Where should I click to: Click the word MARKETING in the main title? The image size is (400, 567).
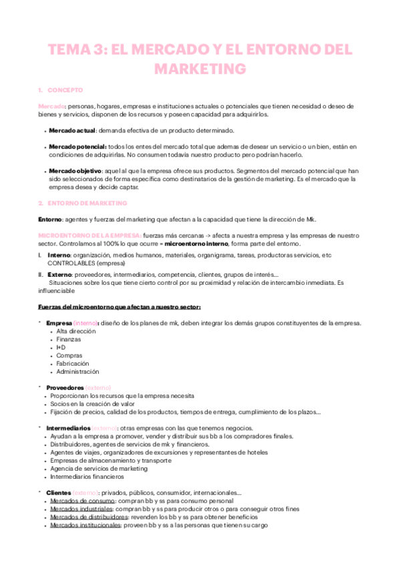[200, 69]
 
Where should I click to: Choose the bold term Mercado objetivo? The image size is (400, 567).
[75, 171]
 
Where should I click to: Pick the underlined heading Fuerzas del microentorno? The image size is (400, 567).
[115, 307]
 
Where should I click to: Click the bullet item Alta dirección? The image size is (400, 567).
[77, 331]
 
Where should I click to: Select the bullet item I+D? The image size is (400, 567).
[61, 347]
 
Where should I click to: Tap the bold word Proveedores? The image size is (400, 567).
[65, 387]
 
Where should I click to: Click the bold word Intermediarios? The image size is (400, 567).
[68, 428]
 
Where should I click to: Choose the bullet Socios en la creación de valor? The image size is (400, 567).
[91, 403]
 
